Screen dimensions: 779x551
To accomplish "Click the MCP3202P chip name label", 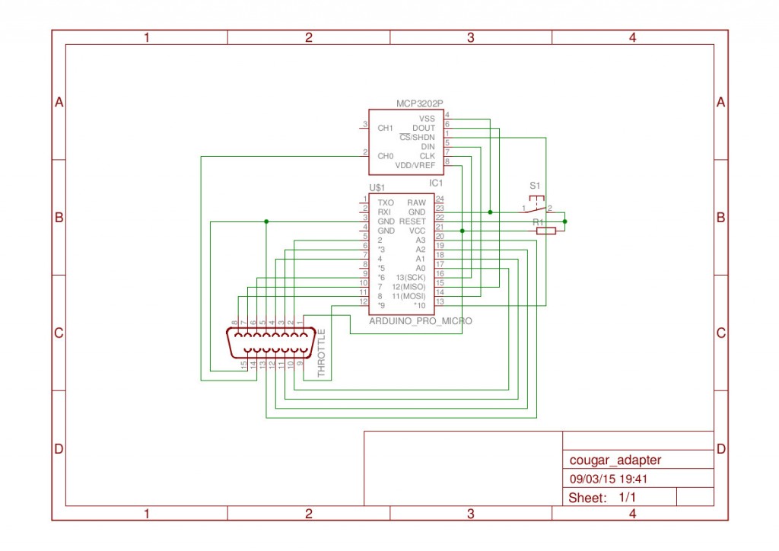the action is [x=419, y=104].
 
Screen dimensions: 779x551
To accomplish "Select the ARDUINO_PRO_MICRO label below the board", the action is [x=420, y=321].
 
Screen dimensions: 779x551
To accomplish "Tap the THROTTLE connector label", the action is [x=322, y=353].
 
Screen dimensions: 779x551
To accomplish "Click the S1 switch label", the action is [x=535, y=186].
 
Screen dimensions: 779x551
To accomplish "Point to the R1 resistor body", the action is [x=546, y=231].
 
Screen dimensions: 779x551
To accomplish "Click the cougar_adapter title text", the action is [x=615, y=460].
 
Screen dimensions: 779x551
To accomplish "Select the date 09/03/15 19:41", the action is [x=608, y=479].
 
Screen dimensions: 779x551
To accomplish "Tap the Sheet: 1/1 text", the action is [x=602, y=497].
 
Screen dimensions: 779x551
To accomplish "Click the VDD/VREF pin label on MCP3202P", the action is [x=415, y=165].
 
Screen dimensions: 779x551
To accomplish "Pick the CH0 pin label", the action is [x=385, y=156].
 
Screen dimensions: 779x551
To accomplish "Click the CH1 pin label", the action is [x=385, y=128].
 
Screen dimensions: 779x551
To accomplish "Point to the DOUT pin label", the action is [x=423, y=128].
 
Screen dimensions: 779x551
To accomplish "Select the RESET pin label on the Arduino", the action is [x=412, y=221].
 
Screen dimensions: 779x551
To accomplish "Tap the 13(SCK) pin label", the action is [x=410, y=277].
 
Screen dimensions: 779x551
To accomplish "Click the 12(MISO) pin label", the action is [x=409, y=287].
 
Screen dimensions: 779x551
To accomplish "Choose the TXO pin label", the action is [x=386, y=202].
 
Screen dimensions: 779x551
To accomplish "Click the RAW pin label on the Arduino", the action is [x=416, y=202].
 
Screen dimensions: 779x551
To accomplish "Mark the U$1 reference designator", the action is [x=377, y=187].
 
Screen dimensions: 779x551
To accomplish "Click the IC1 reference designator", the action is [x=436, y=183].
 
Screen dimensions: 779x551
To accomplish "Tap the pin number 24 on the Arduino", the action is [x=440, y=199].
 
